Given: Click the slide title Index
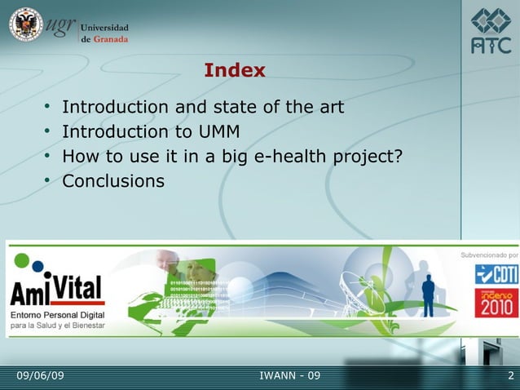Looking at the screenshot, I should (235, 71).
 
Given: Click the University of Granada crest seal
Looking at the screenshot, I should (25, 25).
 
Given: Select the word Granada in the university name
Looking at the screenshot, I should (110, 39).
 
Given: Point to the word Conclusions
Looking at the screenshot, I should (113, 180).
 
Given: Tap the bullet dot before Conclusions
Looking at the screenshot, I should (49, 180).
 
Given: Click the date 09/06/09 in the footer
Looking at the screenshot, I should (41, 375).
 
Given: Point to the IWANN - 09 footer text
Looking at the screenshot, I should (289, 375).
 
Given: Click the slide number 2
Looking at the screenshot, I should (509, 375).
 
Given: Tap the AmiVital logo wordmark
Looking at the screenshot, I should (57, 290).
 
